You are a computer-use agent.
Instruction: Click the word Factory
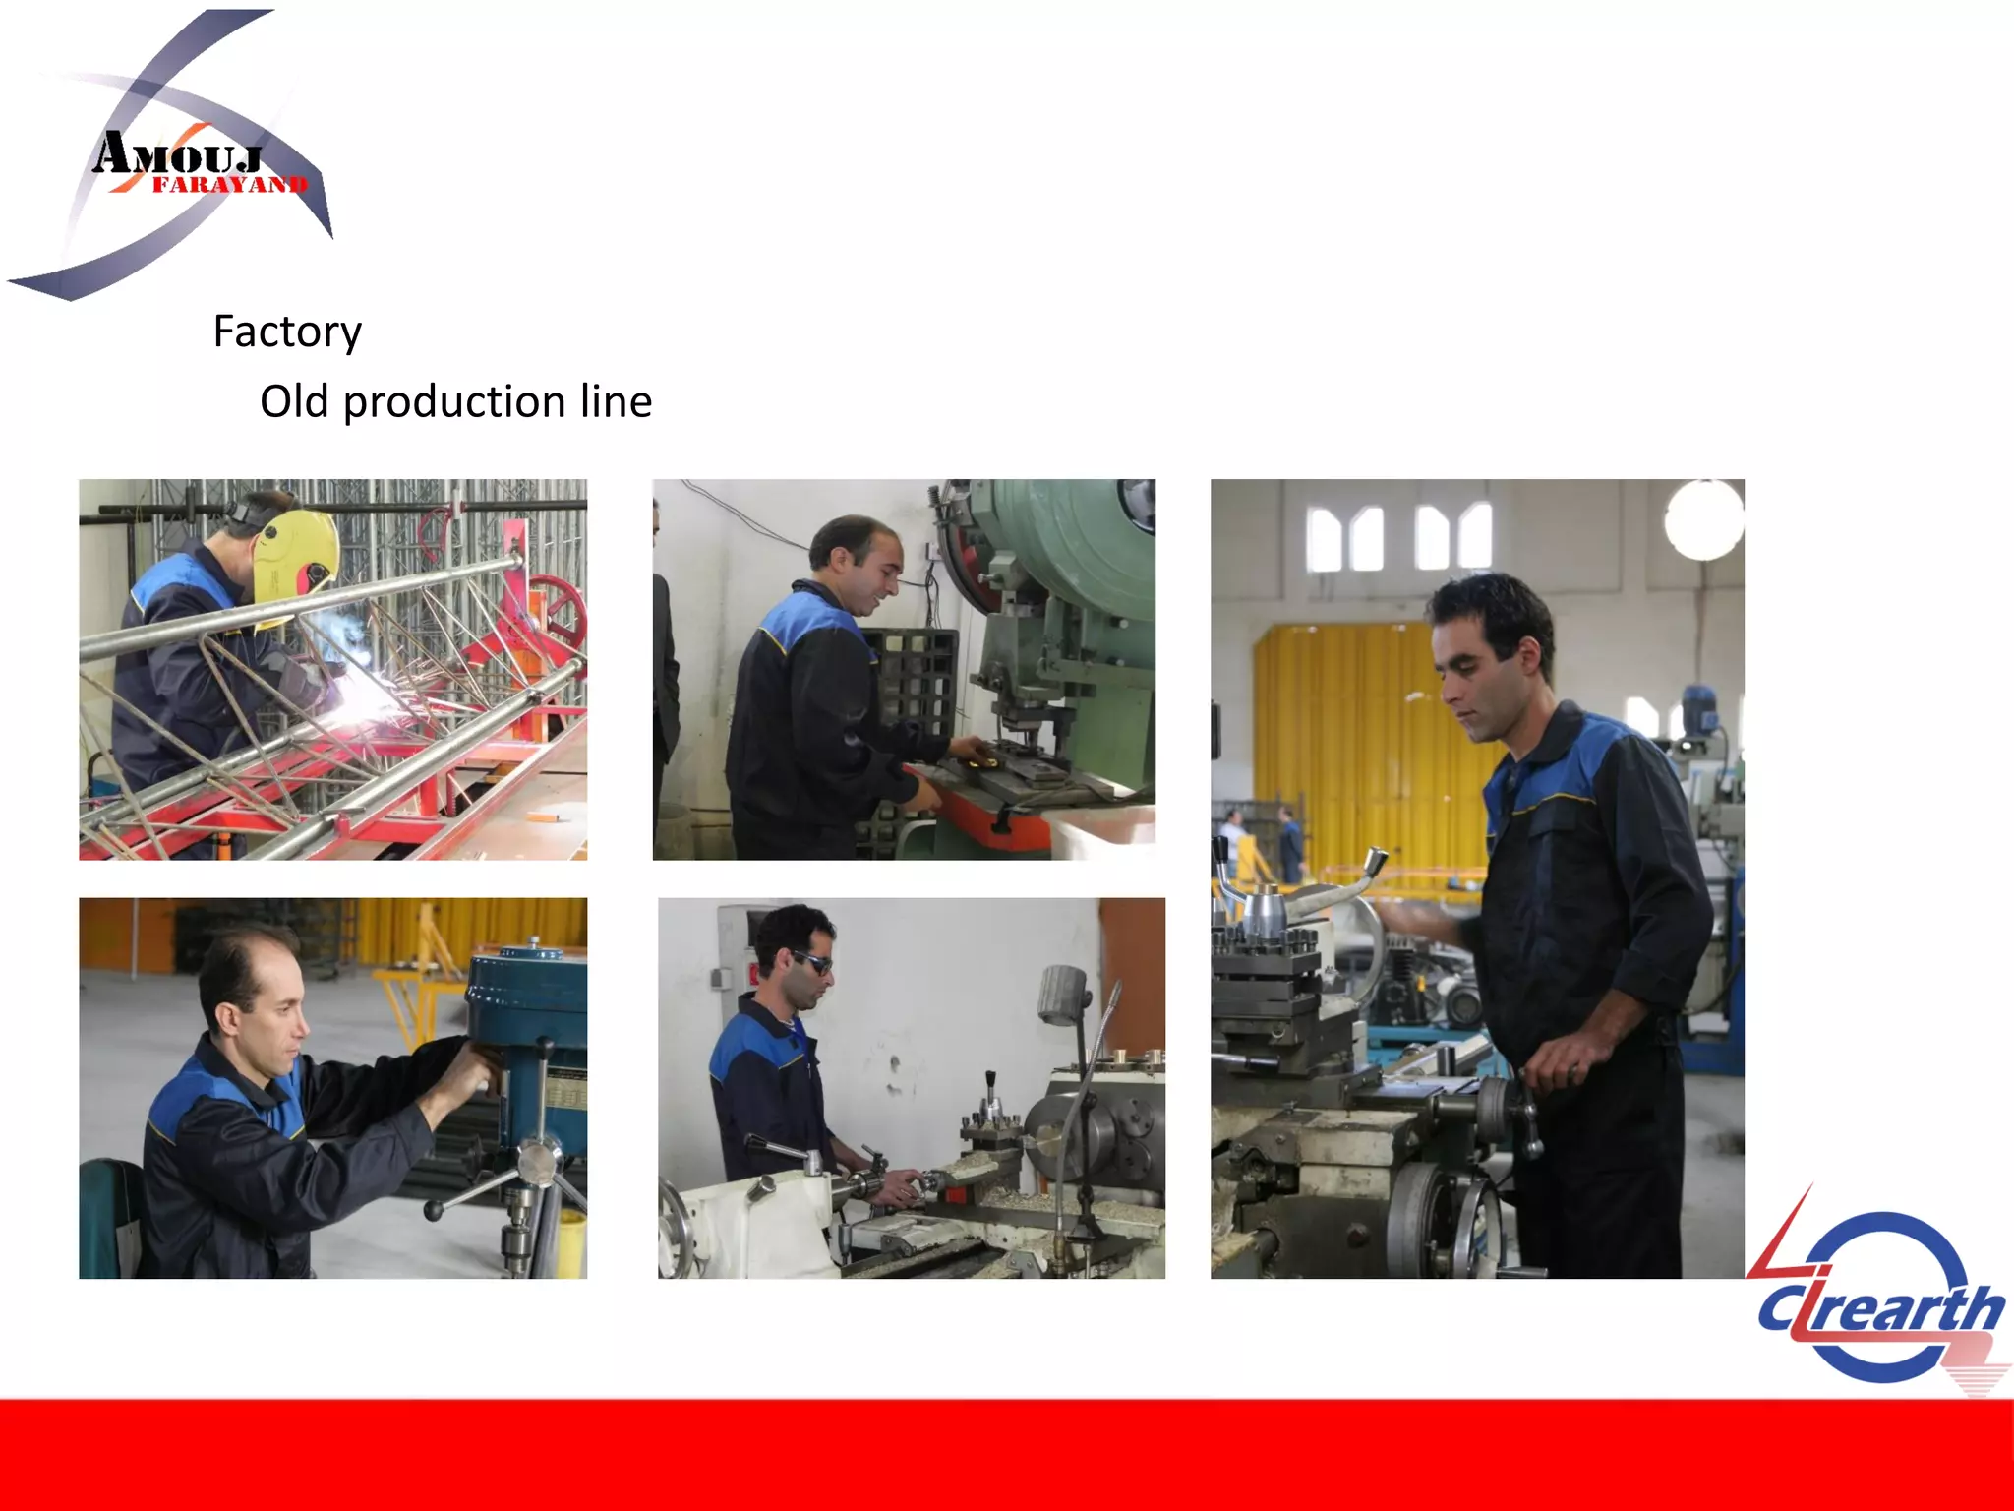(287, 332)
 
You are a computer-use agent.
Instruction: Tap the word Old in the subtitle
(293, 401)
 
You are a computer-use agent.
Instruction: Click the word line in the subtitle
(616, 401)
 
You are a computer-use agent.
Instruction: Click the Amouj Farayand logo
(182, 157)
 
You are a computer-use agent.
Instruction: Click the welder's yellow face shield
(295, 556)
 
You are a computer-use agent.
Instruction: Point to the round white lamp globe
(1704, 519)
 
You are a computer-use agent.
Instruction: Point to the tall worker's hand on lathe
(1564, 1062)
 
